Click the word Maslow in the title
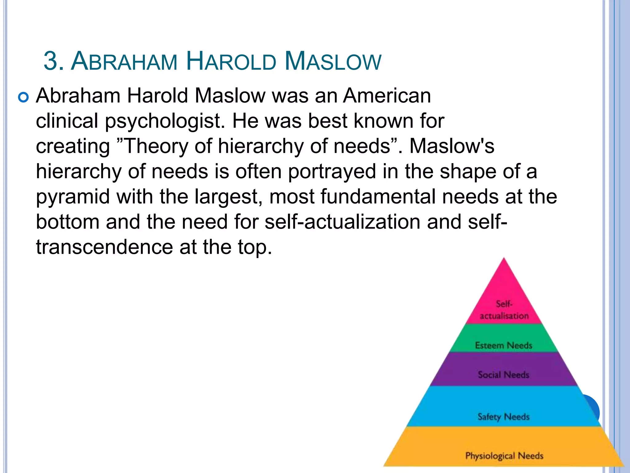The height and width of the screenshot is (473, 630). click(x=333, y=61)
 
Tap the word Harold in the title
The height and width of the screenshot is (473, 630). click(x=231, y=61)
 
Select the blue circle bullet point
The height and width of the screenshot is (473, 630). click(x=23, y=98)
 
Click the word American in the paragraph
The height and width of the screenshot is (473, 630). click(x=387, y=95)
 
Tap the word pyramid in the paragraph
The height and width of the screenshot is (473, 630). click(x=73, y=197)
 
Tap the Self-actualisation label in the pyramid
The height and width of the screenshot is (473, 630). click(x=504, y=310)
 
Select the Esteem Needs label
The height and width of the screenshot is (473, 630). click(x=504, y=345)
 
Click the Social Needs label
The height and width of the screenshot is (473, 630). click(x=503, y=374)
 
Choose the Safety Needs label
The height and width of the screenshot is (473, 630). click(x=503, y=417)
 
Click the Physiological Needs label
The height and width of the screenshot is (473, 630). click(x=504, y=455)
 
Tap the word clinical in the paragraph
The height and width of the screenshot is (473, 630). click(x=67, y=121)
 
